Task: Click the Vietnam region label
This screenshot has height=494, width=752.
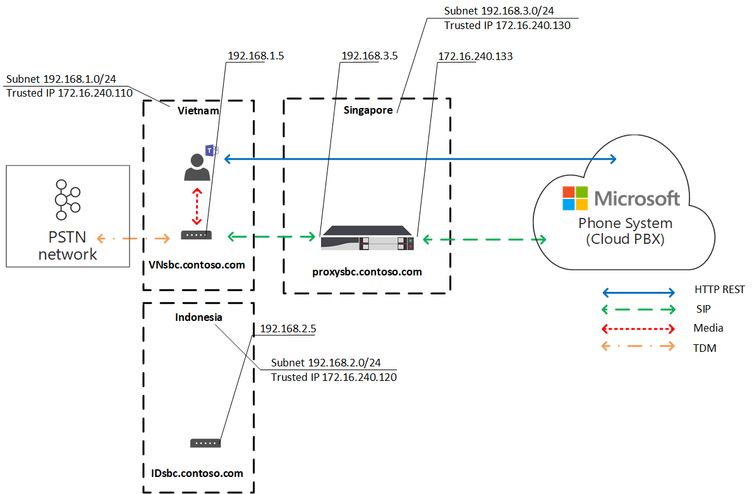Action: (x=198, y=111)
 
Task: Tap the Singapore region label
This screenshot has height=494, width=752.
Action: (x=368, y=111)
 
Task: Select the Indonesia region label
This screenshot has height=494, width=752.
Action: (x=198, y=317)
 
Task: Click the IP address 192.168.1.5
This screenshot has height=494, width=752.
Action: (x=256, y=56)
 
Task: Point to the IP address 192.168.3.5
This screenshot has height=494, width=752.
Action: (x=370, y=56)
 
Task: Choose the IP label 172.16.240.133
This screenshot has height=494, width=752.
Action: (x=475, y=57)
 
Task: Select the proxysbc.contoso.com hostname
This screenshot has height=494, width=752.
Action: (x=367, y=272)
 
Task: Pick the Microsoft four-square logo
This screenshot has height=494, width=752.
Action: (x=576, y=198)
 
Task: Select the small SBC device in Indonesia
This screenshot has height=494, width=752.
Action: (x=205, y=443)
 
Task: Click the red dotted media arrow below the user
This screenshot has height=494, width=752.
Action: (x=197, y=206)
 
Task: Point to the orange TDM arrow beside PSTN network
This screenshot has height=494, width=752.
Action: (x=133, y=238)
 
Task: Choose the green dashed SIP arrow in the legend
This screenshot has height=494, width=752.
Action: (x=638, y=310)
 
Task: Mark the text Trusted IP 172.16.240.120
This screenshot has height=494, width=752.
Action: (x=334, y=377)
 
